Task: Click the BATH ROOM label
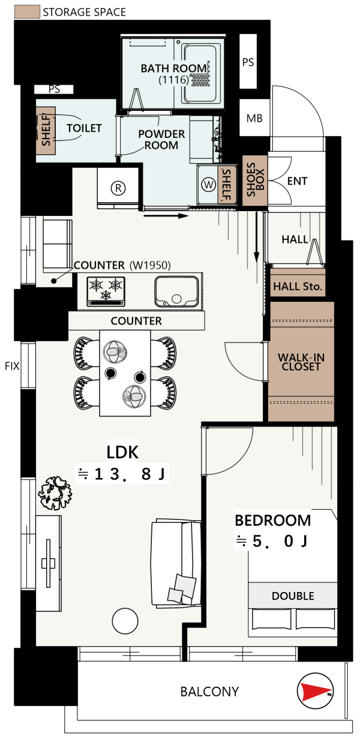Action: tap(173, 68)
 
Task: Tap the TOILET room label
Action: tap(84, 128)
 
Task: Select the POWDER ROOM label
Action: tap(161, 140)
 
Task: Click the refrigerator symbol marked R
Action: tap(118, 188)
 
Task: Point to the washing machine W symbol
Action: tap(209, 184)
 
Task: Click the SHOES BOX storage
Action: tap(255, 180)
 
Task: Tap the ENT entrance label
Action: tap(297, 181)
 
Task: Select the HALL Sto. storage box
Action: tap(298, 283)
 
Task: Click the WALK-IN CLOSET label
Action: tap(301, 362)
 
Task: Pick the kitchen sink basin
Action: tap(176, 292)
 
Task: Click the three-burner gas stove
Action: tap(106, 292)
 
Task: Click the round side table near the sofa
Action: tap(125, 621)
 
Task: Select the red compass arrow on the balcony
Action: tap(314, 691)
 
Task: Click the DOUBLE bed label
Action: tap(293, 596)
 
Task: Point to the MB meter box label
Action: tap(254, 118)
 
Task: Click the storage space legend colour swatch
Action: tap(27, 11)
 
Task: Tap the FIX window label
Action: tap(12, 366)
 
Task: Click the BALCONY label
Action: tap(209, 692)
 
